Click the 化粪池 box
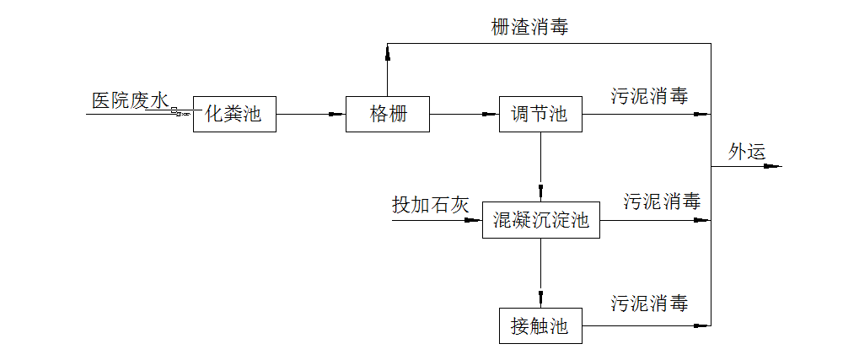234,114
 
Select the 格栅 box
388,114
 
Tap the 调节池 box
540,114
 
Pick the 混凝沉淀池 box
540,221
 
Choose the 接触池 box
540,325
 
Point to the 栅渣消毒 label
529,27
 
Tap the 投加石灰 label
430,205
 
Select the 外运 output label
747,152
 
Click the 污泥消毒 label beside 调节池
649,96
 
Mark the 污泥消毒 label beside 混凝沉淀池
662,202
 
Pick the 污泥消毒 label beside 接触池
649,304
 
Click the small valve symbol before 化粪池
180,113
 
